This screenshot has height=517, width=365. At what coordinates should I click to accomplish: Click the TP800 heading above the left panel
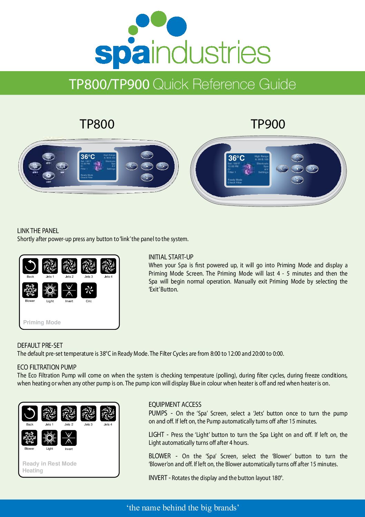point(97,124)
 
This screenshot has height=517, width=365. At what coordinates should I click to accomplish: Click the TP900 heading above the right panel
point(268,124)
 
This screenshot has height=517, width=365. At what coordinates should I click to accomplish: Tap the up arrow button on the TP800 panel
point(147,155)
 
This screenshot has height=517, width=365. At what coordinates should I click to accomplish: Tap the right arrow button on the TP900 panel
point(312,169)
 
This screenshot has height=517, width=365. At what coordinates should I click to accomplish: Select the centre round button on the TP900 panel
point(297,169)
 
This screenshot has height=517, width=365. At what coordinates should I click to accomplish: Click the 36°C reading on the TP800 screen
point(88,157)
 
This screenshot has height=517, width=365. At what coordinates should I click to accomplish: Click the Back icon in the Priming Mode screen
point(30,266)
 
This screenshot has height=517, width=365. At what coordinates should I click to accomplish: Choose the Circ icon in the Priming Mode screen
point(89,290)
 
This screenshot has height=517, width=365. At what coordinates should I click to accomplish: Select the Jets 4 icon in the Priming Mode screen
point(108,266)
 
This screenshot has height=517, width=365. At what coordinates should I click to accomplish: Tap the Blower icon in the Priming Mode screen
point(30,290)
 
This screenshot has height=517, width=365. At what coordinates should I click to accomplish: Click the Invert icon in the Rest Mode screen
point(69,438)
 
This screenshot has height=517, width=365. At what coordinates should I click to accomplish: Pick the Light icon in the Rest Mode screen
point(49,438)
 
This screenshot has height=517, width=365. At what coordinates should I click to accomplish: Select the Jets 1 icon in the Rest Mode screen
point(49,414)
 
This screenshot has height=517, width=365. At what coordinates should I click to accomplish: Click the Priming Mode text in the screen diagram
point(42,322)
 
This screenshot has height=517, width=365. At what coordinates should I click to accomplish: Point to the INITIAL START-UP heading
point(171,257)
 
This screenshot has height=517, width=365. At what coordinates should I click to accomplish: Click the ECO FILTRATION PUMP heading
point(47,367)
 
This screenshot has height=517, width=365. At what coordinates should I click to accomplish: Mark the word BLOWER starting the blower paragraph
point(160,456)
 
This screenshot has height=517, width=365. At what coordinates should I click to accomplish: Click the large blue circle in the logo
point(176,26)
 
